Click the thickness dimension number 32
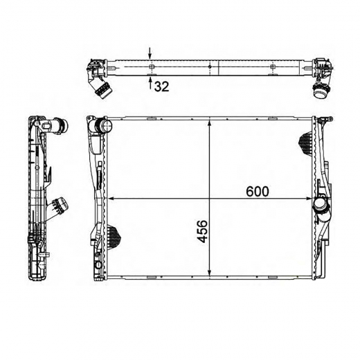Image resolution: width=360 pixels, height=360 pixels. [161, 87]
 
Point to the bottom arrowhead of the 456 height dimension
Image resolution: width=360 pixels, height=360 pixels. [209, 275]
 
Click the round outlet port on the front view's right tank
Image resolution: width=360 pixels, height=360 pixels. [320, 206]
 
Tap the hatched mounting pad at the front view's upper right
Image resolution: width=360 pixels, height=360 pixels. [306, 142]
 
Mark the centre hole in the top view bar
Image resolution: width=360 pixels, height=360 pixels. [210, 66]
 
